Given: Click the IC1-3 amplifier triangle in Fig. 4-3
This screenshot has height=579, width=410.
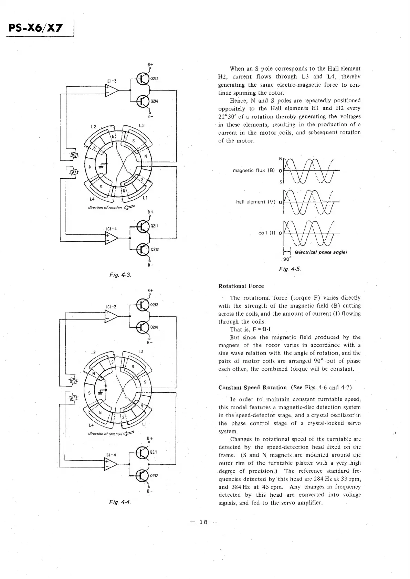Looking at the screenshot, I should (111, 90).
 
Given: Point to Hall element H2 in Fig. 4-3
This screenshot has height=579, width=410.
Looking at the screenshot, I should (74, 155).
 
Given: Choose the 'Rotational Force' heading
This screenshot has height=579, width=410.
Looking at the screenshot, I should (241, 286).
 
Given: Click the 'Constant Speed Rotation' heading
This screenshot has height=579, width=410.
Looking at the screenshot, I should (252, 388).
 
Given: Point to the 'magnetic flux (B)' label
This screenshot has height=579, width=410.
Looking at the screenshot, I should (253, 170).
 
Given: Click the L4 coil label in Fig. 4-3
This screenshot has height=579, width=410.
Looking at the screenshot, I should (92, 199).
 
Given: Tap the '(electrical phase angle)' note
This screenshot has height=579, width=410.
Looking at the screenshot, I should (321, 252).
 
